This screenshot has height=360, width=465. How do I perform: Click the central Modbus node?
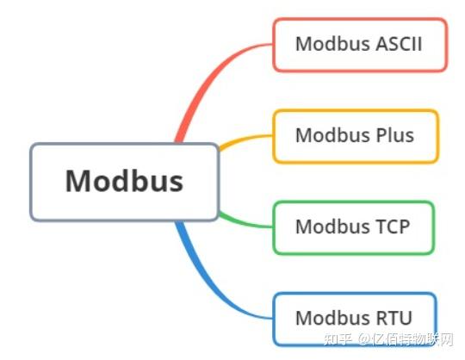[x=125, y=182]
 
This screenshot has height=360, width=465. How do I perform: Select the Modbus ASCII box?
[x=360, y=45]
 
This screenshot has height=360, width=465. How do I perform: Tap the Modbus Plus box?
[x=356, y=136]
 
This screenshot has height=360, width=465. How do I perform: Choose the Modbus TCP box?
[x=354, y=227]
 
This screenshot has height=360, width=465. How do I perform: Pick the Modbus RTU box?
[x=355, y=319]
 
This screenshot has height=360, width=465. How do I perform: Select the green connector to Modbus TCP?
[x=245, y=223]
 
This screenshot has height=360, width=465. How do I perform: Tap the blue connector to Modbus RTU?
[x=208, y=285]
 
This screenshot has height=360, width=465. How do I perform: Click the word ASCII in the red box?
[x=399, y=44]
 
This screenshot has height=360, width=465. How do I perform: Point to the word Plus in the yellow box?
[x=395, y=135]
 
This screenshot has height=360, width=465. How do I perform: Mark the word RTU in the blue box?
[x=394, y=318]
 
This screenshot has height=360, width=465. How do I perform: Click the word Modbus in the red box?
[x=333, y=44]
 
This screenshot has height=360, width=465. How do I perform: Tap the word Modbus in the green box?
[x=333, y=227]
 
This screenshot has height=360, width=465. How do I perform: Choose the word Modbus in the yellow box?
[x=333, y=135]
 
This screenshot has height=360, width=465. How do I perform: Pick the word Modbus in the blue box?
[x=333, y=318]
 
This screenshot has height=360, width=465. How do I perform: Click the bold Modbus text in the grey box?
[x=124, y=181]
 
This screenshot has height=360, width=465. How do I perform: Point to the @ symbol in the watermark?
[x=364, y=339]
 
